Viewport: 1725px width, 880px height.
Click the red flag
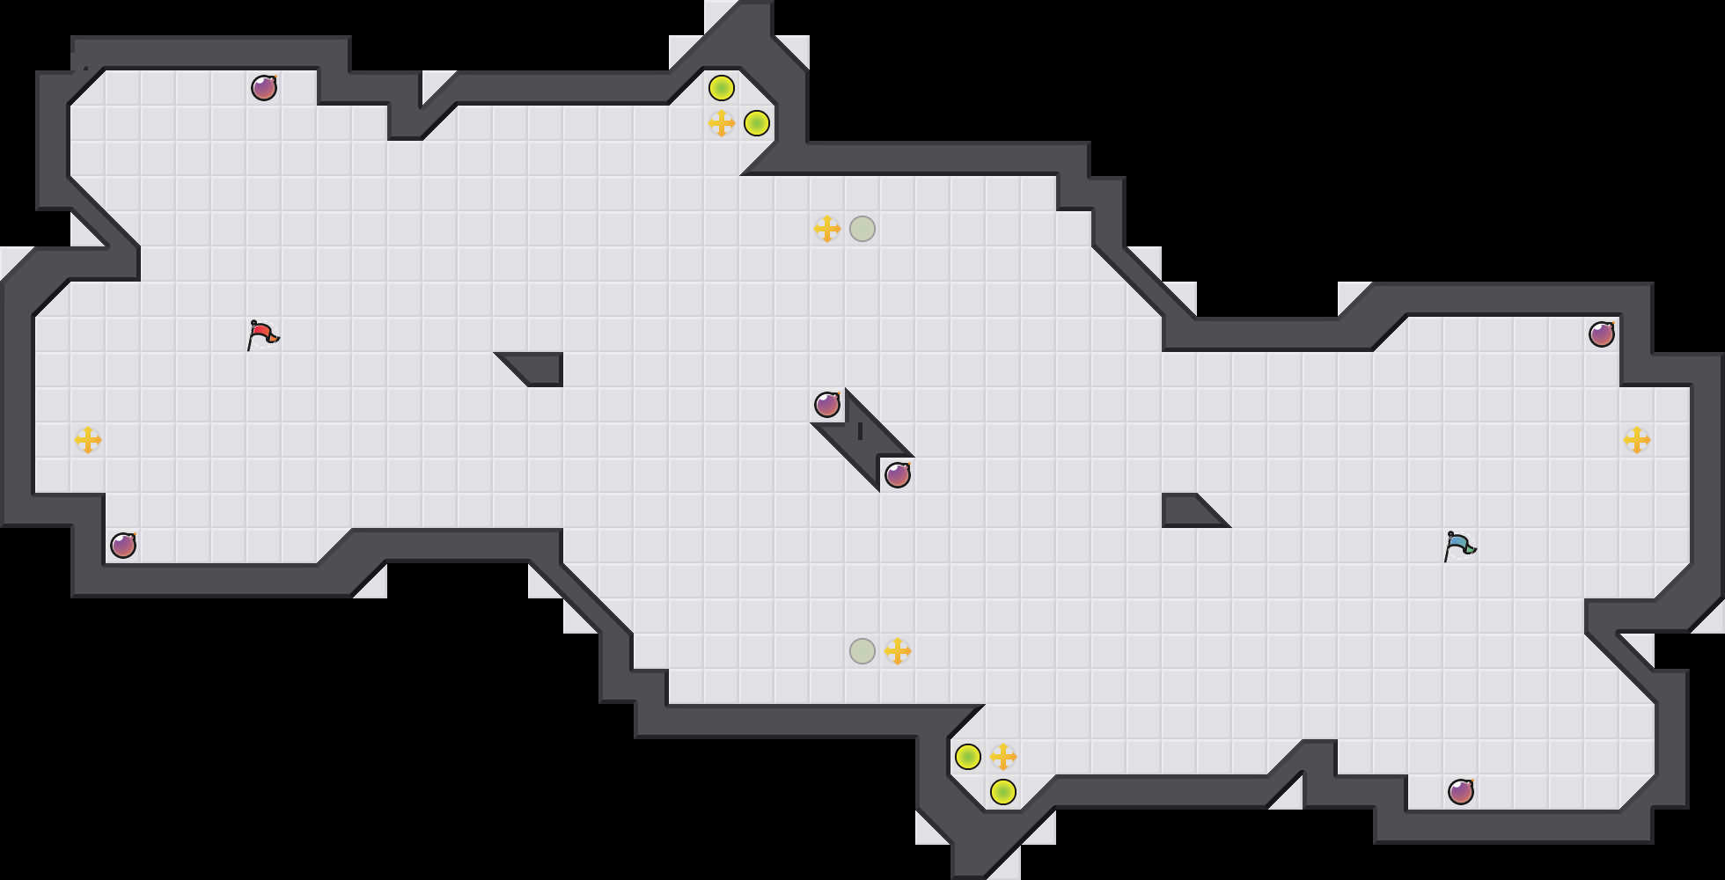[262, 334]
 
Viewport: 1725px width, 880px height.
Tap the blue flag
[1459, 546]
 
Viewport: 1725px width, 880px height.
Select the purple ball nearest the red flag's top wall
[264, 88]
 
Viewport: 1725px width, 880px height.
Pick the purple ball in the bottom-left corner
[123, 546]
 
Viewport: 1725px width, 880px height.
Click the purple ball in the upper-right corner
[1602, 334]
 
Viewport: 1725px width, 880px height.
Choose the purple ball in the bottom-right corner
[1461, 792]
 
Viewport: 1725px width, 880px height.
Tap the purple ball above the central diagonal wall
[827, 405]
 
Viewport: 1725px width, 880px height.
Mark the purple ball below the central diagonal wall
[898, 475]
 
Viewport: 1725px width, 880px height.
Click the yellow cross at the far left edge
[88, 440]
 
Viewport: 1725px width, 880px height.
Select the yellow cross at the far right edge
[1637, 440]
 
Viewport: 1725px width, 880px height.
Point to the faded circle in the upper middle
[862, 229]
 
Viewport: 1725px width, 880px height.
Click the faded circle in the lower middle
[862, 651]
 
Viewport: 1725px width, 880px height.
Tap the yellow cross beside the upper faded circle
[827, 229]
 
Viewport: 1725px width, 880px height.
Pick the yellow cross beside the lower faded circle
[898, 651]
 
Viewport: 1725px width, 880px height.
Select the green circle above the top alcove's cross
[722, 88]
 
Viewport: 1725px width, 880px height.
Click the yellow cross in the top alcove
[722, 123]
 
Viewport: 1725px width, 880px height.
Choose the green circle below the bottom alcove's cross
[1003, 792]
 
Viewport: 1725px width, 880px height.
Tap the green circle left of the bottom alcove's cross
[968, 757]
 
